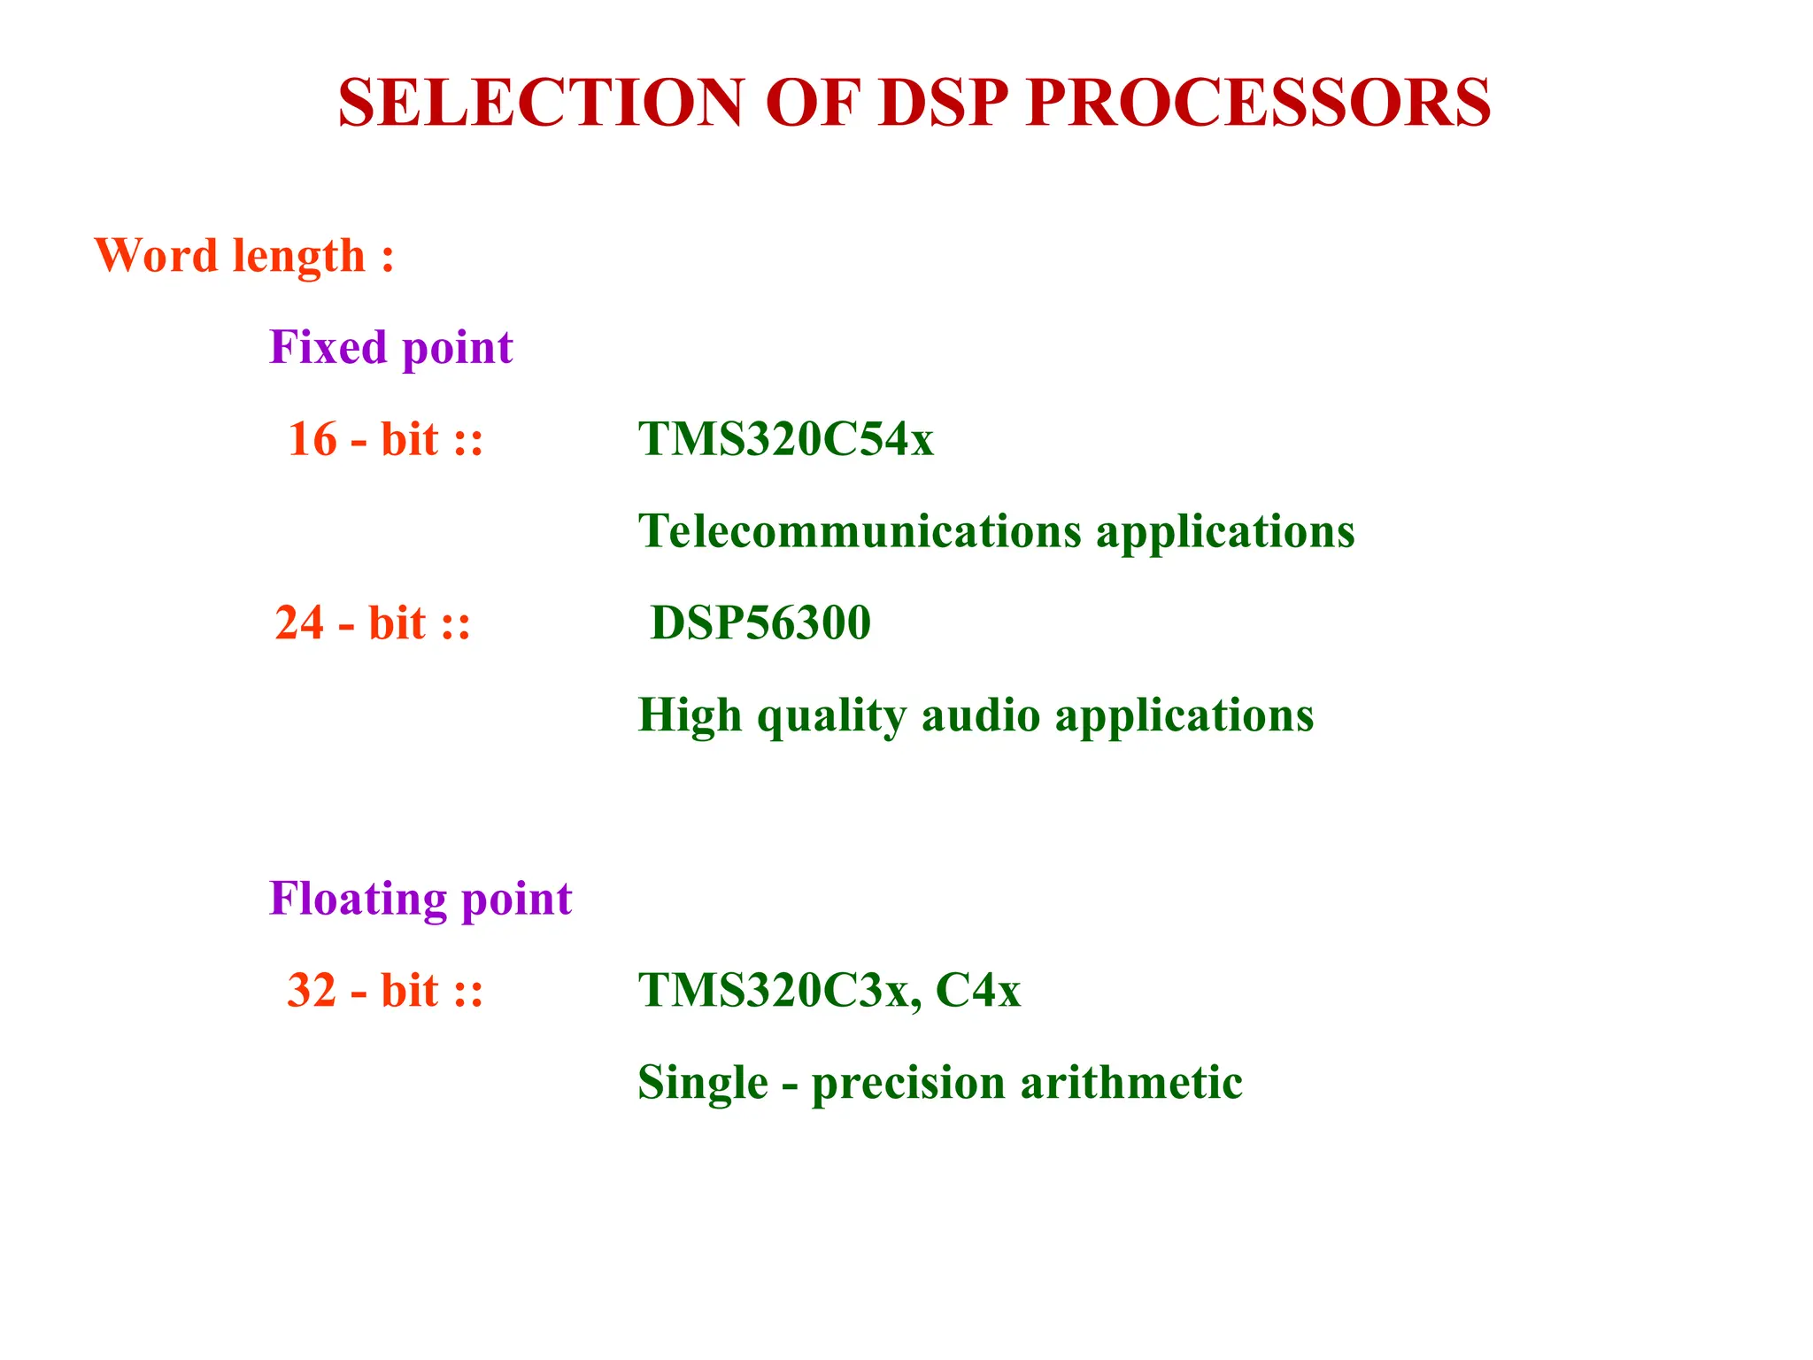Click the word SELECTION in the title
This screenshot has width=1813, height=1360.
tap(540, 103)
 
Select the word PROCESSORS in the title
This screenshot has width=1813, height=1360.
tap(1258, 103)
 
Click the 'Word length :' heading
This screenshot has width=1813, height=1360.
tap(244, 256)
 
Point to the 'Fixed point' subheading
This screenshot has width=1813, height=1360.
tap(390, 347)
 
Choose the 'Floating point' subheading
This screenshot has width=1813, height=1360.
tap(420, 899)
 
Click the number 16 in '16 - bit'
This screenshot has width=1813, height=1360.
tap(312, 439)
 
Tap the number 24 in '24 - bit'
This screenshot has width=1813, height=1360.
tap(299, 622)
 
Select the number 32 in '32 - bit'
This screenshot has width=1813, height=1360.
tap(312, 990)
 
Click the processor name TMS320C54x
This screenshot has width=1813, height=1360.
tap(785, 439)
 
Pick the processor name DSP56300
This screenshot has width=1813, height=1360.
tap(760, 622)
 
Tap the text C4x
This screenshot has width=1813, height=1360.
tap(977, 990)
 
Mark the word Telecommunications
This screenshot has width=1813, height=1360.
tap(860, 531)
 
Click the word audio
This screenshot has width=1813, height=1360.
tap(981, 715)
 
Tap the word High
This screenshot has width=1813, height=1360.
tap(690, 715)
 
